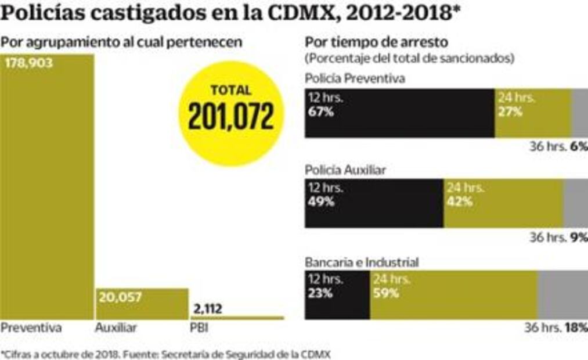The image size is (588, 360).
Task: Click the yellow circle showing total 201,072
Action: click(230, 113)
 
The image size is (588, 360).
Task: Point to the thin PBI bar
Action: click(237, 318)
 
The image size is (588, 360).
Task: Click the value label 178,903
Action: click(29, 63)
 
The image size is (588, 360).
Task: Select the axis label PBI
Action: click(199, 328)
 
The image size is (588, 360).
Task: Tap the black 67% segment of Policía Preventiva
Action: click(399, 113)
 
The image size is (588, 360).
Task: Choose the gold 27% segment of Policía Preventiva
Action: click(533, 113)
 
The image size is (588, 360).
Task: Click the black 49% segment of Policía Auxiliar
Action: click(374, 203)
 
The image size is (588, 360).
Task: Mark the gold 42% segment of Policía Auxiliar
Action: click(503, 203)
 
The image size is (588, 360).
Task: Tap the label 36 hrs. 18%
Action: click(556, 328)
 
